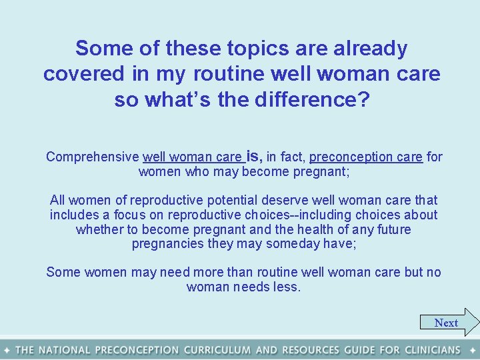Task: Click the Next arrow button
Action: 449,323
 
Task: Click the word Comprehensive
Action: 92,157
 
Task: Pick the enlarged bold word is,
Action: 254,156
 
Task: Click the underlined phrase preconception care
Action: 366,157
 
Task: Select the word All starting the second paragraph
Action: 59,200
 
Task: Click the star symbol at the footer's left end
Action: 7,350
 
